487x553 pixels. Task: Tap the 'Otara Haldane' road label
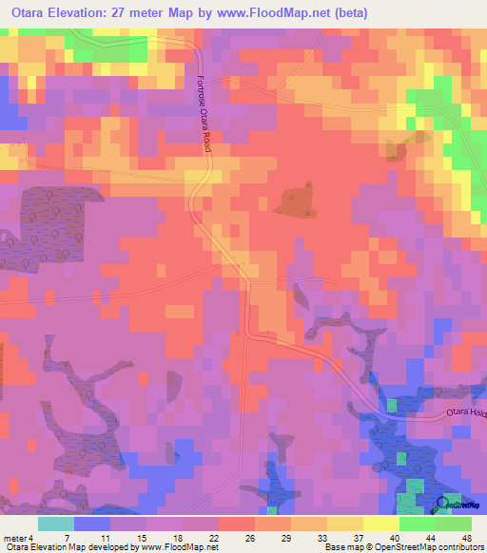[466, 412]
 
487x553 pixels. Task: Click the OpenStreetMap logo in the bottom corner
[454, 505]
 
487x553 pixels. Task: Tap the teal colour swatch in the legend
[56, 524]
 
